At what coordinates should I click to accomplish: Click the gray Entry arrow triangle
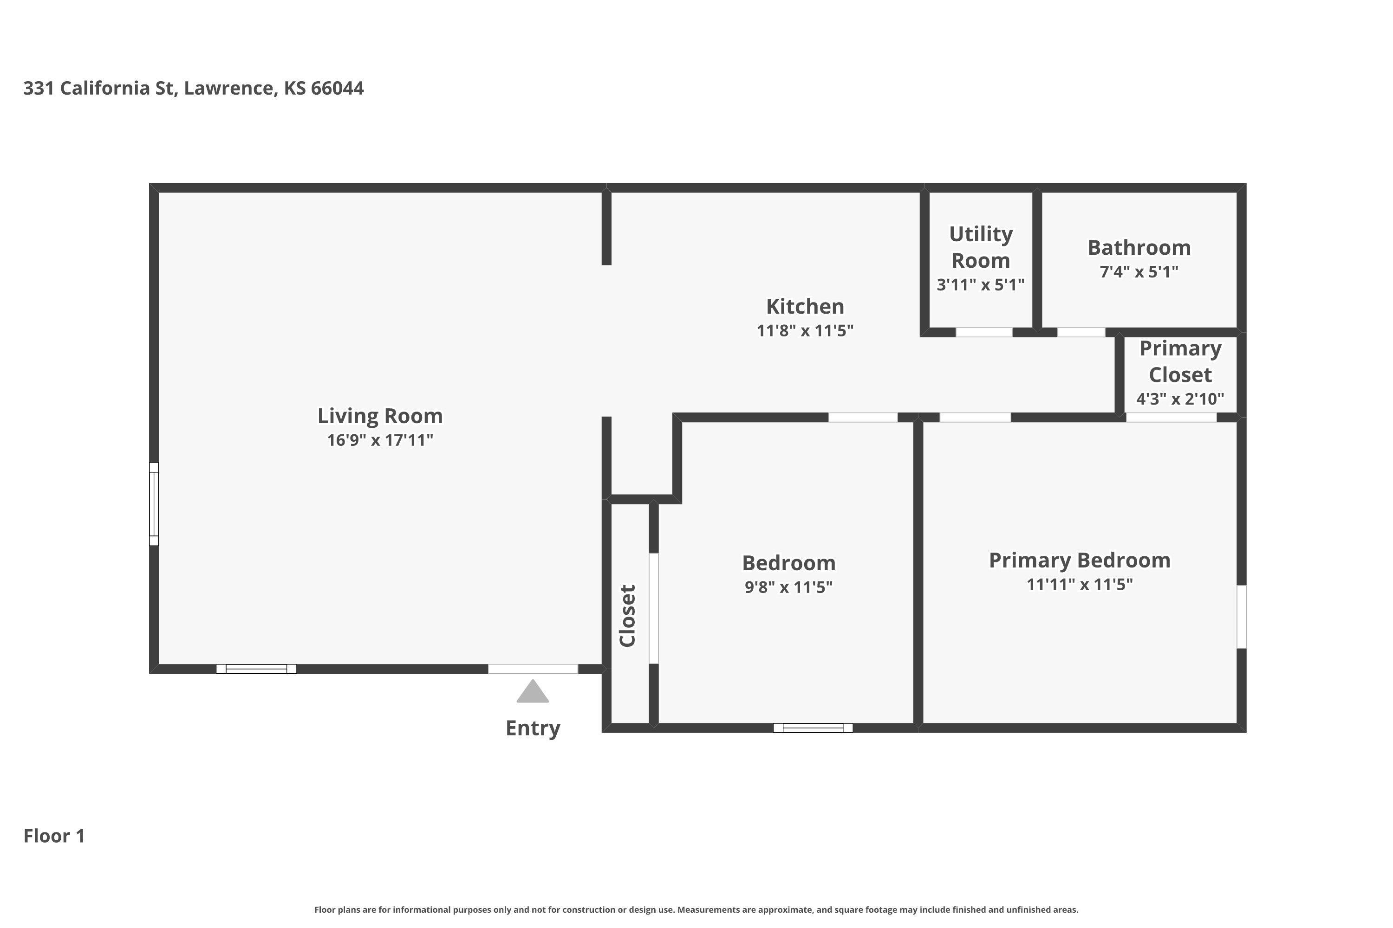coord(533,692)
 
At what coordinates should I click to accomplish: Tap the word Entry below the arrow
coord(533,728)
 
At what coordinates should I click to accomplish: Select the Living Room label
coord(380,416)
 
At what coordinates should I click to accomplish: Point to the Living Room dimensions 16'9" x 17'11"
coord(380,440)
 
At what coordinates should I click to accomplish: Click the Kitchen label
coord(805,307)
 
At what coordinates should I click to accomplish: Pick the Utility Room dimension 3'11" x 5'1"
coord(980,285)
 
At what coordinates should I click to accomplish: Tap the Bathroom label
coord(1139,247)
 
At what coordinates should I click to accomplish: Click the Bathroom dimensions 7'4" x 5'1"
coord(1139,271)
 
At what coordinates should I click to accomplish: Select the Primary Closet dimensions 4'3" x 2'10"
coord(1180,399)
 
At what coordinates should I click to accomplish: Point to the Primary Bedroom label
coord(1079,561)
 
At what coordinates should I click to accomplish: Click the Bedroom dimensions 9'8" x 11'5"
coord(788,587)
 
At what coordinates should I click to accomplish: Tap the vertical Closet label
coord(628,616)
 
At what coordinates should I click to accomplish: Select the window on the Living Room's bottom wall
coord(256,669)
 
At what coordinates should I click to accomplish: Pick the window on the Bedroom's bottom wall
coord(813,728)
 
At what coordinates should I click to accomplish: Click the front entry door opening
coord(533,669)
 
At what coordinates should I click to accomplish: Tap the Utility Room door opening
coord(984,333)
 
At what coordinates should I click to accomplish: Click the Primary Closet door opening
coord(1171,417)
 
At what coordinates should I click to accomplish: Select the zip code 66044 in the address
coord(338,88)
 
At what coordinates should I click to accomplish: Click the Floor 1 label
coord(54,836)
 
